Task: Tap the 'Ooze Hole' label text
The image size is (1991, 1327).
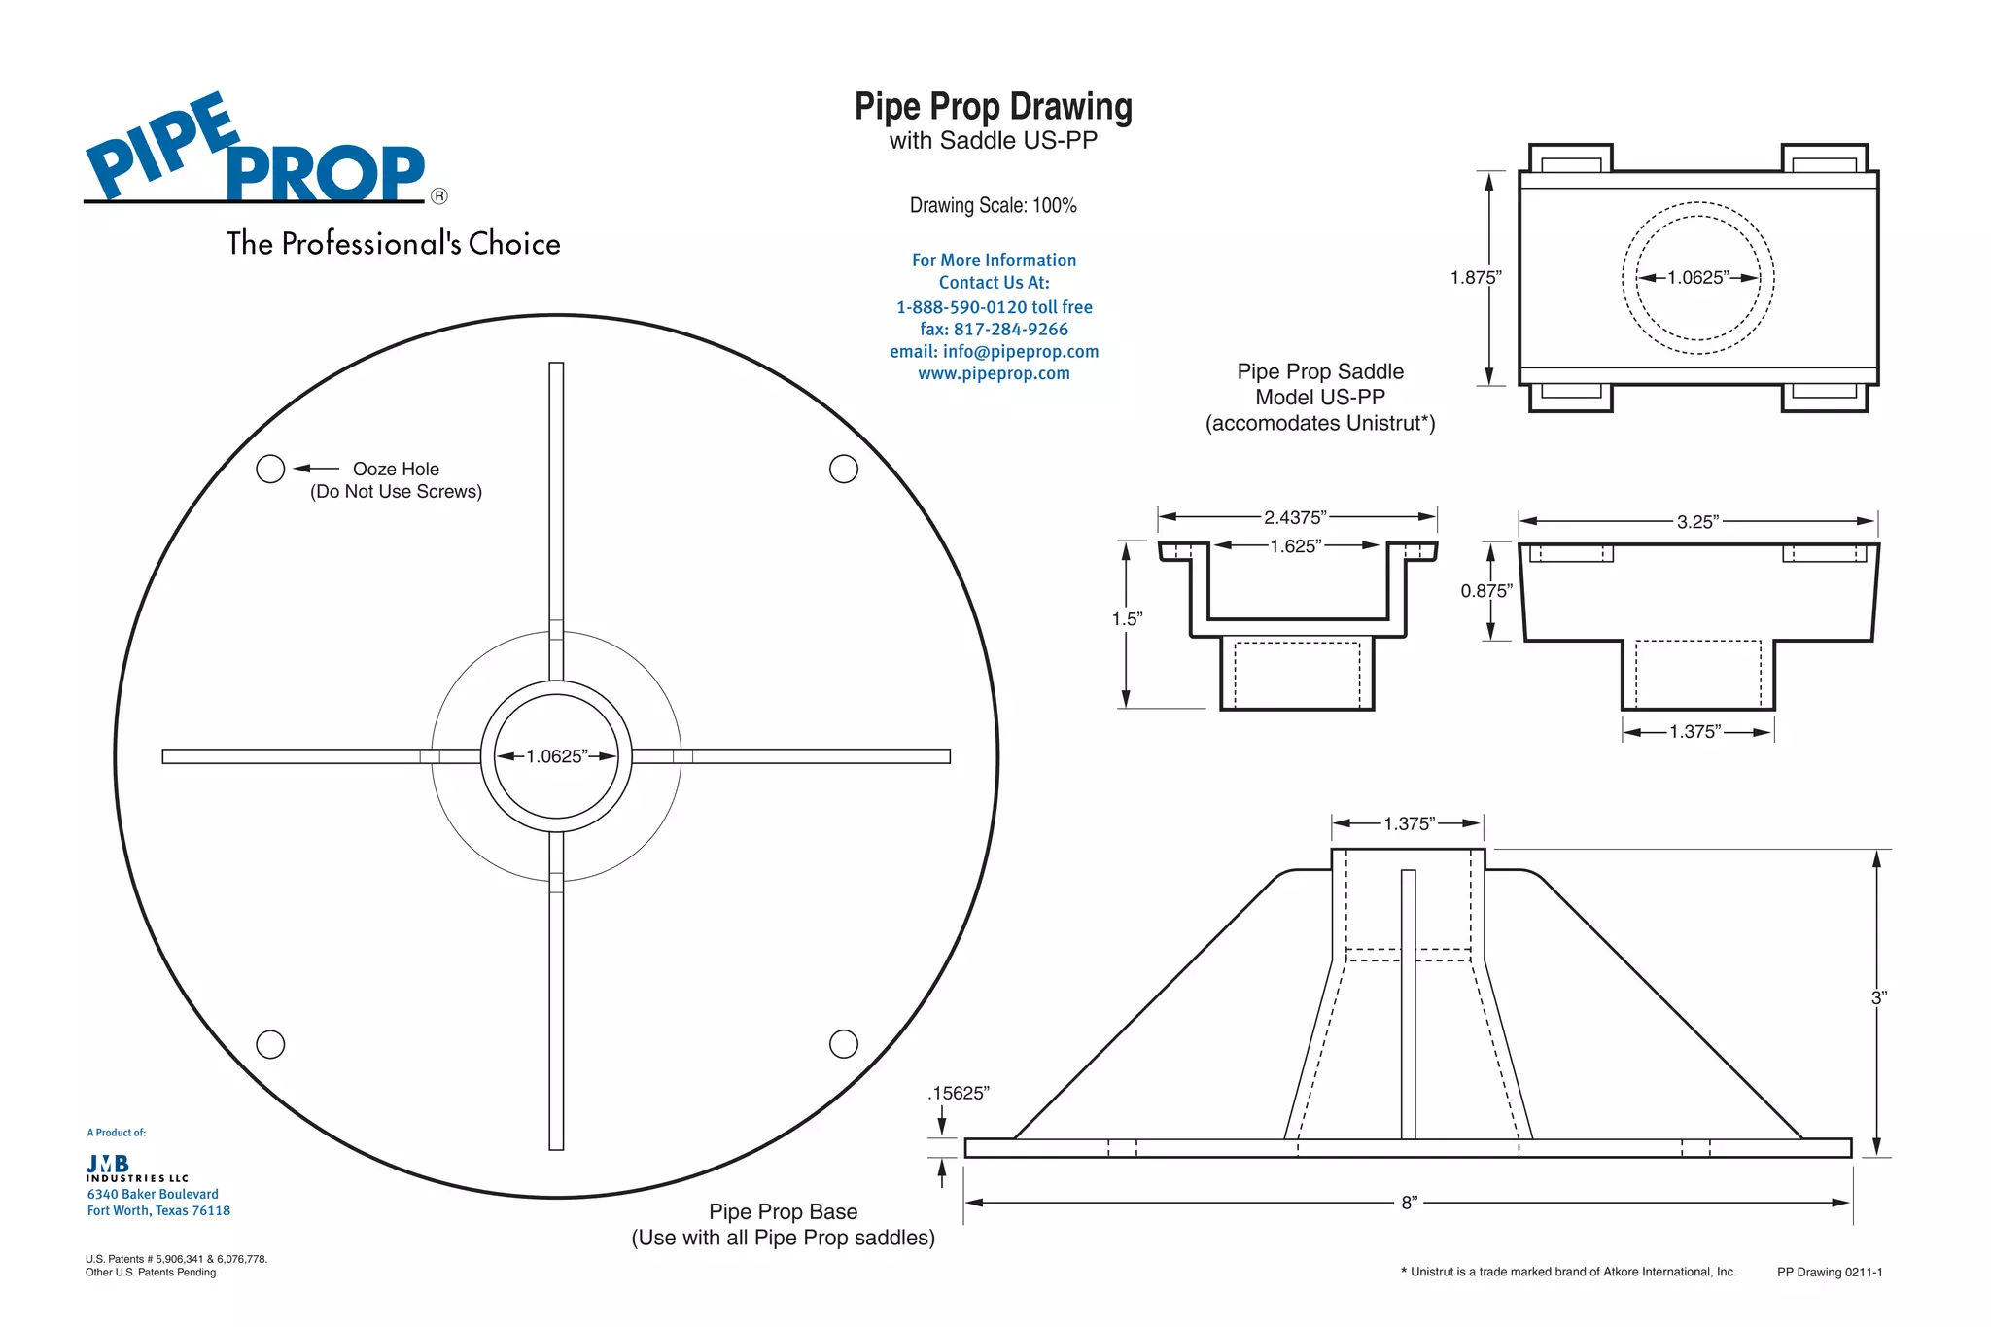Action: point(396,470)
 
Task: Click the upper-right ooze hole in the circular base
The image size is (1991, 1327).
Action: point(843,470)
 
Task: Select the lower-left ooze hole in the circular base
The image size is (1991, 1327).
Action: point(270,1044)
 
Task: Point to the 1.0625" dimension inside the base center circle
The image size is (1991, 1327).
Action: point(556,756)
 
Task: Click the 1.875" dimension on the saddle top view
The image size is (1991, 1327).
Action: point(1475,278)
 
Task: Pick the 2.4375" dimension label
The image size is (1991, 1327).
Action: point(1295,517)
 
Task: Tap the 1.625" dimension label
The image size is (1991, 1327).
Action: point(1295,546)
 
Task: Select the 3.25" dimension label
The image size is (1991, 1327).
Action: point(1697,522)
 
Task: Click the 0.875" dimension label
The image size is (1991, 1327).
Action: point(1485,591)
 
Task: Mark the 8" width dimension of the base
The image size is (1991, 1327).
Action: point(1409,1204)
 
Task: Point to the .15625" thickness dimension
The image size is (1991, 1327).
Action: point(959,1094)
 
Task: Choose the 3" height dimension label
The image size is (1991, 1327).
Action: point(1878,997)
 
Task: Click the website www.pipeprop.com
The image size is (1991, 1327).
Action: point(994,373)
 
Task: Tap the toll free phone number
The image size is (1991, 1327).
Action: point(994,307)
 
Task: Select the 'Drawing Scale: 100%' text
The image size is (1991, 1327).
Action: point(993,206)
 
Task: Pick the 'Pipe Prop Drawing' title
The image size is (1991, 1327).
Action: point(993,107)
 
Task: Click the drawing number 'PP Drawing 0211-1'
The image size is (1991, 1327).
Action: point(1829,1272)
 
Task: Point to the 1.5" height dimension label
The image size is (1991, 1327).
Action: point(1127,619)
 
